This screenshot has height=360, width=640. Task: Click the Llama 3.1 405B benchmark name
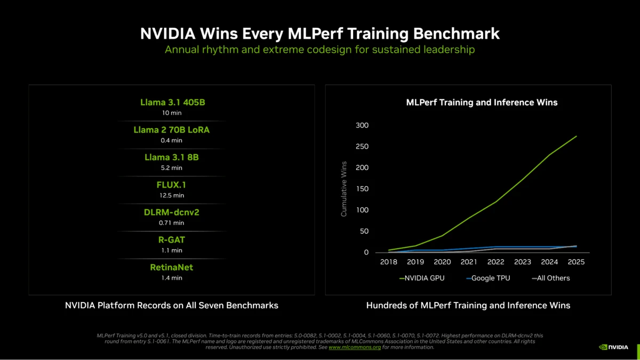172,102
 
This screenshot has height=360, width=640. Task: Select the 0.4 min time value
171,140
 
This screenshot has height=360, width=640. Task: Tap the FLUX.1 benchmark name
172,185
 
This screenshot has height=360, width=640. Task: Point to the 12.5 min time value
171,195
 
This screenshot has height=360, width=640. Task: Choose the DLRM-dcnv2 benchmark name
172,212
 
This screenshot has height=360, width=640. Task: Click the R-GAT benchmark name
172,240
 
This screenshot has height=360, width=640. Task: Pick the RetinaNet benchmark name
172,267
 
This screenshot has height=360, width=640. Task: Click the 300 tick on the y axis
362,125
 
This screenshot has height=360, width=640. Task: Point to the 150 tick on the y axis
362,189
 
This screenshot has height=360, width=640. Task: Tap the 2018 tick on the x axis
389,262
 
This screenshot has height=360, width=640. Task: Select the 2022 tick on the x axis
495,262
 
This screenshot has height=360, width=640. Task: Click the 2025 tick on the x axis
576,262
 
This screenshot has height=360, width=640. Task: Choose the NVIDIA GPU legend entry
422,278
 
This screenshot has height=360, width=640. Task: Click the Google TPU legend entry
488,278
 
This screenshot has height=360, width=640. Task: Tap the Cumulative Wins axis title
344,189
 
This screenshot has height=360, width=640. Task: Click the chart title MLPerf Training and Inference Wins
482,102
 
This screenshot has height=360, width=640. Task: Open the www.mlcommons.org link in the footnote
355,347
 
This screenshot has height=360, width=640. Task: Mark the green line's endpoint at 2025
577,136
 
